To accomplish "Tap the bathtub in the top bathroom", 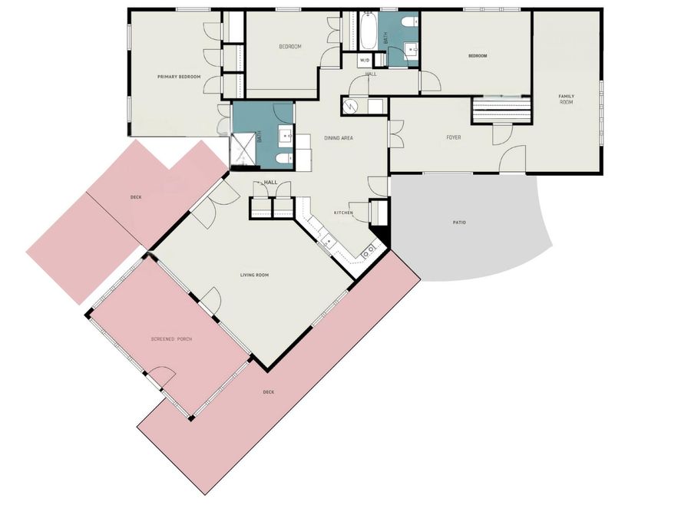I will (366, 32).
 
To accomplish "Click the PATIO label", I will (459, 223).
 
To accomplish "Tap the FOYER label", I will (454, 137).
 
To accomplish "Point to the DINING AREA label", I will (338, 137).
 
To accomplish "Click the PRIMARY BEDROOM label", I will (179, 77).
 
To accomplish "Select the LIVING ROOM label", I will (253, 275).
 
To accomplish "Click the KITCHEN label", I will (342, 213).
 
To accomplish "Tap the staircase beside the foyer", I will (501, 110).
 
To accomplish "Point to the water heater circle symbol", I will (352, 105).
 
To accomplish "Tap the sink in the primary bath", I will (287, 137).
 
